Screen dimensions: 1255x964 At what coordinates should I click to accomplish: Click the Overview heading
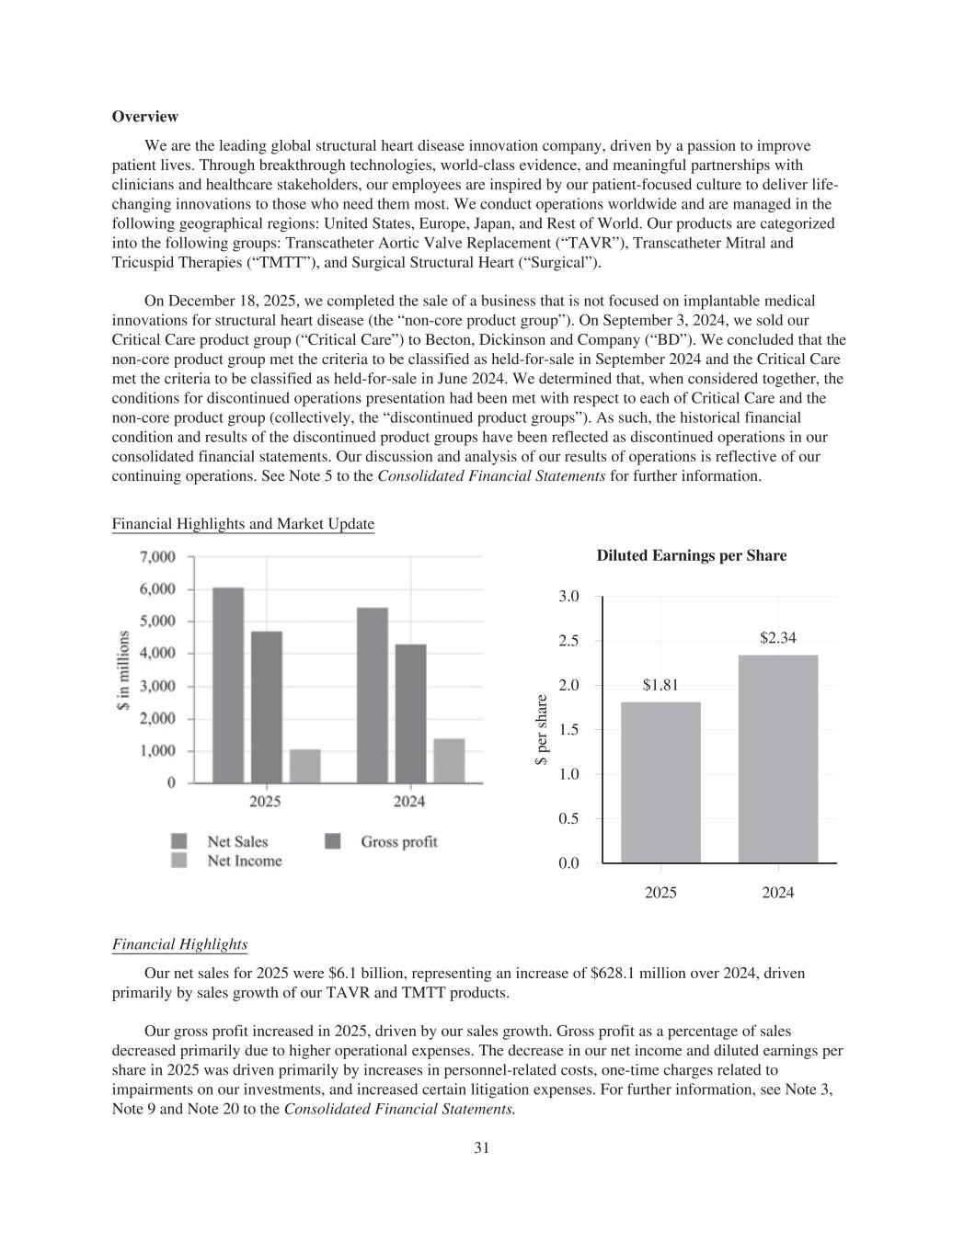point(144,117)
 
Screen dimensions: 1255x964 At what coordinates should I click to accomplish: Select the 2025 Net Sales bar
point(228,685)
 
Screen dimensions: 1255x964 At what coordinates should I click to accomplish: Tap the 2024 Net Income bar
point(449,760)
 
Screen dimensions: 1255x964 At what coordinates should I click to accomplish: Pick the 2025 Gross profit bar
point(267,707)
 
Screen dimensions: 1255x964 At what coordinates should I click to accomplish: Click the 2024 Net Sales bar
point(373,695)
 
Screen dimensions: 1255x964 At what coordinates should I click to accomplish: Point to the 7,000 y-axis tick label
point(157,557)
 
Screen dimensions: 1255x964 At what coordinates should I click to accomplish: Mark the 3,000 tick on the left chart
point(157,686)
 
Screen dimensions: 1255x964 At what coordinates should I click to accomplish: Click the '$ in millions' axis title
point(122,669)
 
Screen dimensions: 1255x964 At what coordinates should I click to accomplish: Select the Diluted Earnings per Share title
point(691,555)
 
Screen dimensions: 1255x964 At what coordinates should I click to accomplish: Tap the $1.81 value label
point(660,685)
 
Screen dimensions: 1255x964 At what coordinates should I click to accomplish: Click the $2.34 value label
point(777,637)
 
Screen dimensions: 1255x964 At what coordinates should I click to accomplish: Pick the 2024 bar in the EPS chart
point(778,759)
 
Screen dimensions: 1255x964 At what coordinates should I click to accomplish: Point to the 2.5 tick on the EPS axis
point(568,641)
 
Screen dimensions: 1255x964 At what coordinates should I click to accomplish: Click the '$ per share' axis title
point(543,730)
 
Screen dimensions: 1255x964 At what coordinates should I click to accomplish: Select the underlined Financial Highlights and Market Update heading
point(243,524)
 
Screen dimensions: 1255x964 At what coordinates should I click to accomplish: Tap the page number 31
point(481,1147)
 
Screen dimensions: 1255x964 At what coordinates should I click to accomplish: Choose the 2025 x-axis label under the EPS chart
point(660,893)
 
